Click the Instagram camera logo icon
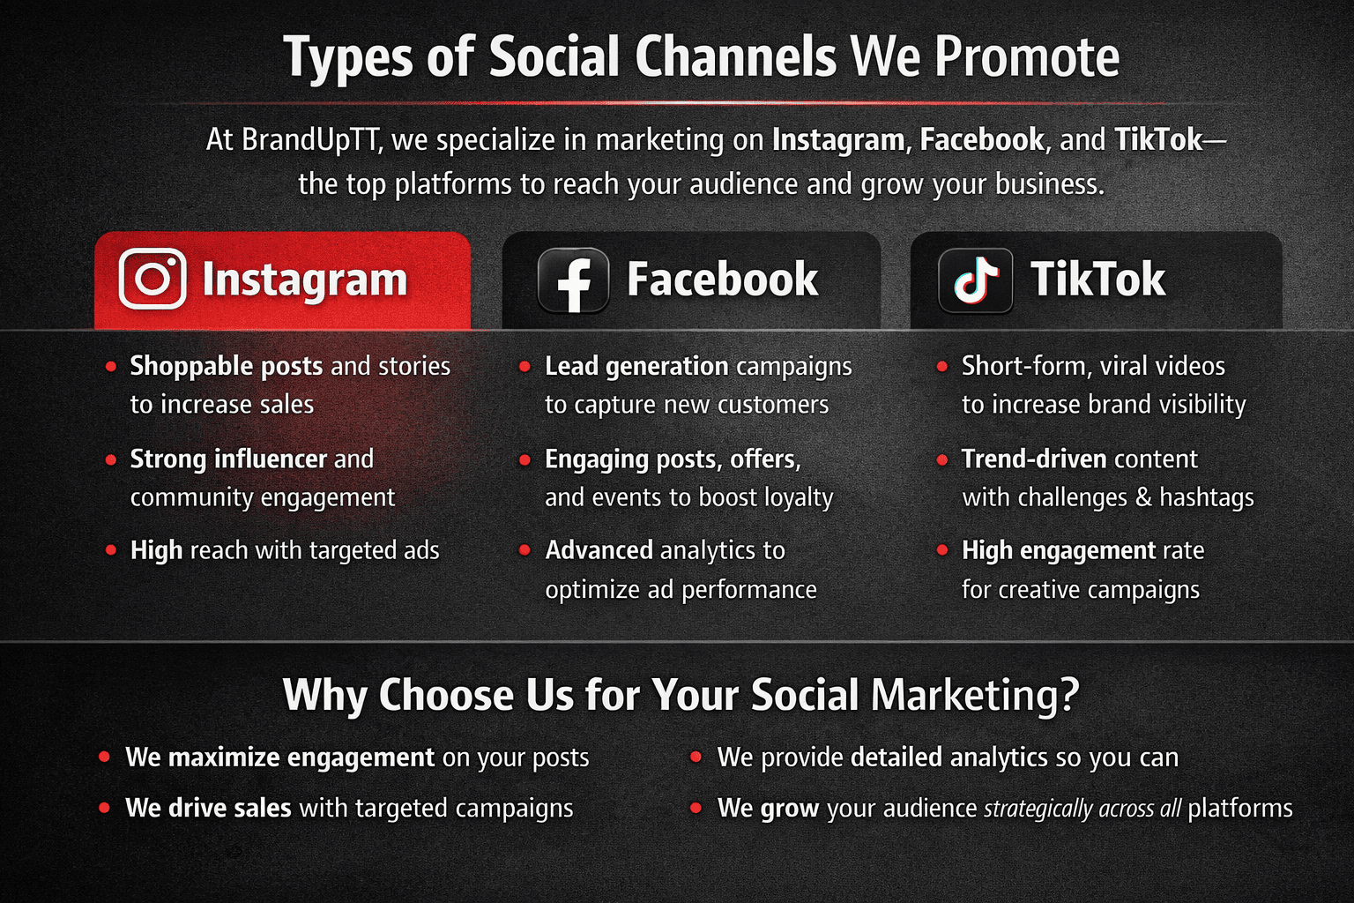click(153, 279)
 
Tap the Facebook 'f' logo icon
click(573, 280)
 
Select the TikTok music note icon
click(975, 280)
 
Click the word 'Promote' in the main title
click(1027, 57)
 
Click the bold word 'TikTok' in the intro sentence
click(1158, 139)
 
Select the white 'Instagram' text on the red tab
click(305, 280)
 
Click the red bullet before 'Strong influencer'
click(110, 460)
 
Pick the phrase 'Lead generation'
click(636, 367)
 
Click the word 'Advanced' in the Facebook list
click(599, 550)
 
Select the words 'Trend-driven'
click(1034, 459)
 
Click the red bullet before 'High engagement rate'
click(941, 550)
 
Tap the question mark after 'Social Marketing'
click(1068, 694)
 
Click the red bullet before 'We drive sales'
click(104, 808)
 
